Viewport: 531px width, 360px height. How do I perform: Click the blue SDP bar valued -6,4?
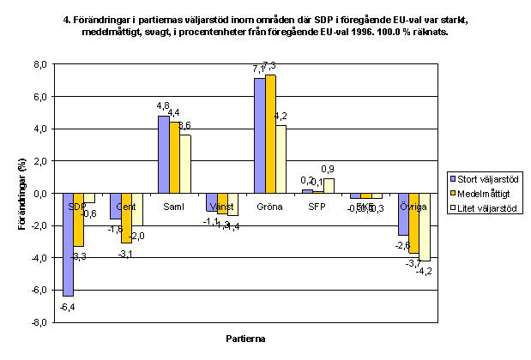[x=68, y=244]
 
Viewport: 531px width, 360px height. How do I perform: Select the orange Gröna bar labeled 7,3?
[x=271, y=135]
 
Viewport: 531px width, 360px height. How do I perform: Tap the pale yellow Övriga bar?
[x=424, y=227]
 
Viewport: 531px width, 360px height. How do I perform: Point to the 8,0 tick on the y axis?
[x=38, y=64]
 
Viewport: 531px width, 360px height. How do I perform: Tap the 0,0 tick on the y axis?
[x=38, y=194]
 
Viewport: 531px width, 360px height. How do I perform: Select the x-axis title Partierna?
[x=247, y=339]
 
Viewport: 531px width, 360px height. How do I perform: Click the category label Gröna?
[x=271, y=207]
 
